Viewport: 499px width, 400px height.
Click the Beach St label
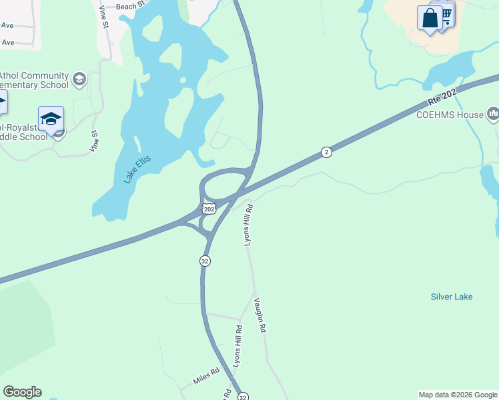click(130, 6)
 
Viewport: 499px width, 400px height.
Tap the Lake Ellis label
click(137, 169)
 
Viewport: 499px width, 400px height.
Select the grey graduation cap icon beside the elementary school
click(79, 80)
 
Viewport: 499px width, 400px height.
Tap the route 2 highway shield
click(326, 152)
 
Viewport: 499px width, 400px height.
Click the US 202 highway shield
click(209, 209)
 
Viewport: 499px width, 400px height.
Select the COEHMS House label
click(450, 115)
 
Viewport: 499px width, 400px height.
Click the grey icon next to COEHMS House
click(494, 114)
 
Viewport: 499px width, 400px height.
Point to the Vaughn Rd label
click(260, 315)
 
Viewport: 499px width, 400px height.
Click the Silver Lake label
click(452, 297)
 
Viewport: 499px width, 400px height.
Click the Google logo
click(22, 392)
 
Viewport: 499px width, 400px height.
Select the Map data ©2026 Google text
click(458, 395)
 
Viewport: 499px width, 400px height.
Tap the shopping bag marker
click(430, 18)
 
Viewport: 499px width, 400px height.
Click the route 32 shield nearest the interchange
click(205, 261)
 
